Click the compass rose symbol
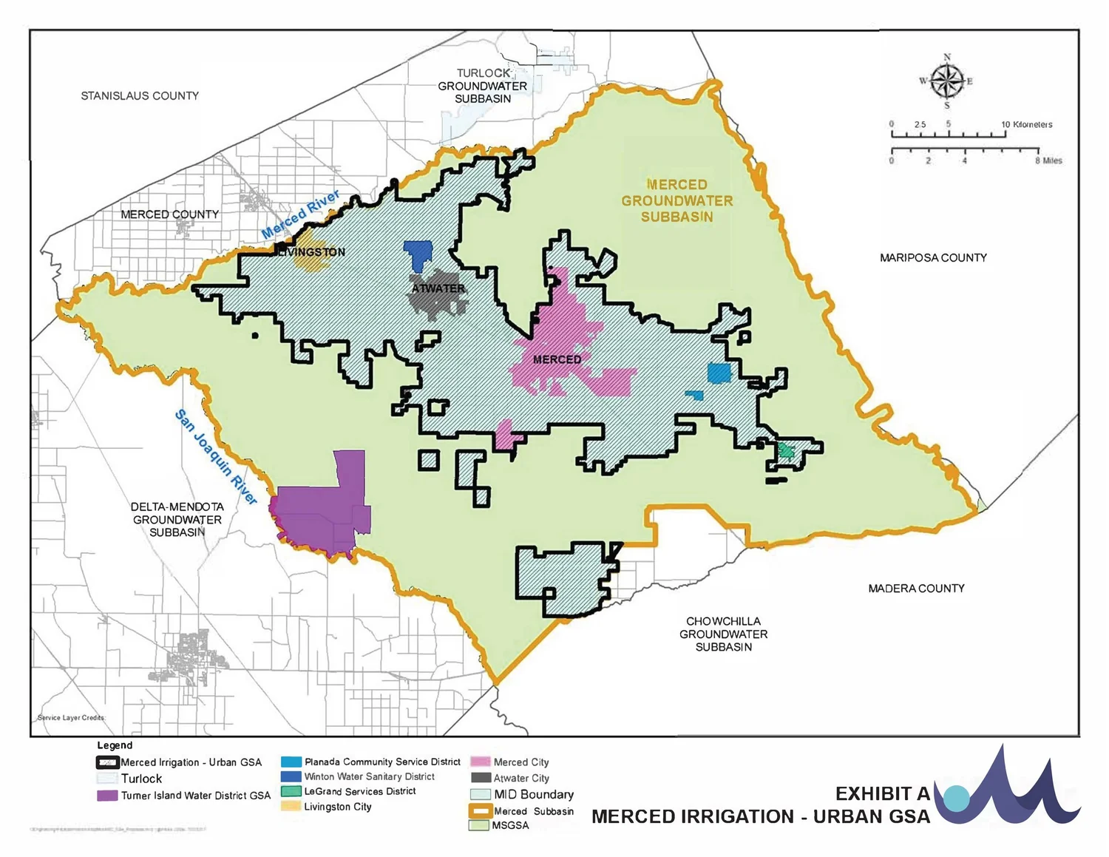[946, 81]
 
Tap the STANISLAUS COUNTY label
[140, 96]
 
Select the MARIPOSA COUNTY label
[933, 258]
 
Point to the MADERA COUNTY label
[916, 589]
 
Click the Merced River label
[300, 214]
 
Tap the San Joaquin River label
[215, 457]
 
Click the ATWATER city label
[438, 288]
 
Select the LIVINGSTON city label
[311, 252]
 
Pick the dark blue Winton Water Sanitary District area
[418, 254]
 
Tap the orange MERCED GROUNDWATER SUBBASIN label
[676, 200]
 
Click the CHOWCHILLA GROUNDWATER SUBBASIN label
[723, 634]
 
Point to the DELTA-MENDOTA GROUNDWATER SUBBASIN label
[177, 520]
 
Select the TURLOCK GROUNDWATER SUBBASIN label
[483, 86]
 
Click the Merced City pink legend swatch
[481, 762]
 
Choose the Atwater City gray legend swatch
[481, 778]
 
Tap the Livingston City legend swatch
[291, 807]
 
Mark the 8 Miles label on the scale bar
[1048, 160]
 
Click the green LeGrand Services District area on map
[786, 450]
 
